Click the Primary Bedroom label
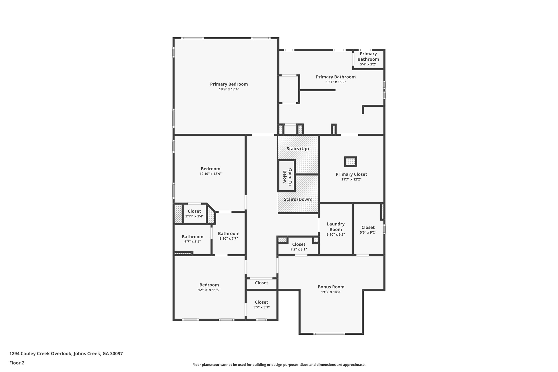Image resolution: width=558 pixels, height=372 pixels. [229, 84]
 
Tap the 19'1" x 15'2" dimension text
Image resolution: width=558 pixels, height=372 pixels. [336, 82]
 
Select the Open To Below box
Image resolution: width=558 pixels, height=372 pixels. [287, 176]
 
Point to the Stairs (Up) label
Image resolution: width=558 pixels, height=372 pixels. [298, 149]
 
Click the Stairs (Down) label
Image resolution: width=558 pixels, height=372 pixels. [298, 199]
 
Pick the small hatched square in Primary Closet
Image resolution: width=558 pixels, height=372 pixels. [351, 162]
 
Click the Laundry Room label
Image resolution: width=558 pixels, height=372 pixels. [336, 227]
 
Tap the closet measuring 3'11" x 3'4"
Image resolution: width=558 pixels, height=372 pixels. [194, 214]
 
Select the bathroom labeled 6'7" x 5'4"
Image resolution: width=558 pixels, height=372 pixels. [192, 239]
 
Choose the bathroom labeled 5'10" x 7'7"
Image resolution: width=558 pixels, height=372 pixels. [229, 236]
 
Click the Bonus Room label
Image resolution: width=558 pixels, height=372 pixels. [331, 287]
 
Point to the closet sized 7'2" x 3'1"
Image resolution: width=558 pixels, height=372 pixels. [299, 246]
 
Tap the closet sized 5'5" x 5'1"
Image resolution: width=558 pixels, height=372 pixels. [261, 305]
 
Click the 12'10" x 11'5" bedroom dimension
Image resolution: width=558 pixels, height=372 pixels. [209, 290]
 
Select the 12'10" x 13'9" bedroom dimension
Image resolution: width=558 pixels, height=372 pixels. [211, 174]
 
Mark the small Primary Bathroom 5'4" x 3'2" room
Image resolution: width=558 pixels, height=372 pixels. [368, 59]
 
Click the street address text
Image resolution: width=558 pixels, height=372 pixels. [66, 353]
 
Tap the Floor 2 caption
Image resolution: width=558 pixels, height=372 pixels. [17, 363]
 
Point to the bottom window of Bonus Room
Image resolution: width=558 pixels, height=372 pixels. [329, 334]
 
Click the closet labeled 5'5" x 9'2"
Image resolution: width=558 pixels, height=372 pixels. [368, 230]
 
